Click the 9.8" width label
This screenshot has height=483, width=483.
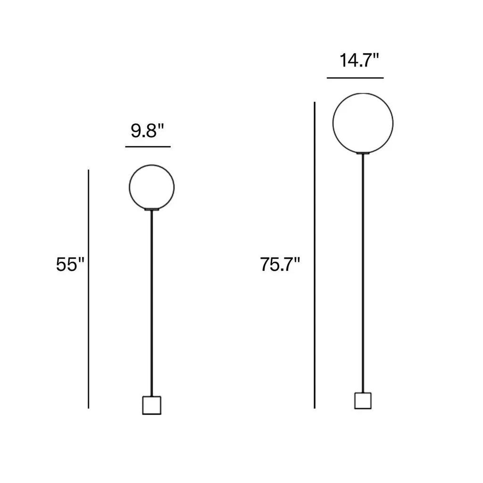tap(147, 131)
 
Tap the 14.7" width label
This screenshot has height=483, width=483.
tap(359, 60)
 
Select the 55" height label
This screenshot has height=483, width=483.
tap(70, 264)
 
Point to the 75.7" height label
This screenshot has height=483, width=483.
tap(280, 264)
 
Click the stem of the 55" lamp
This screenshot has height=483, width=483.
tap(151, 303)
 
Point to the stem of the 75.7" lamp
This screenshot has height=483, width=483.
tap(363, 273)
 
